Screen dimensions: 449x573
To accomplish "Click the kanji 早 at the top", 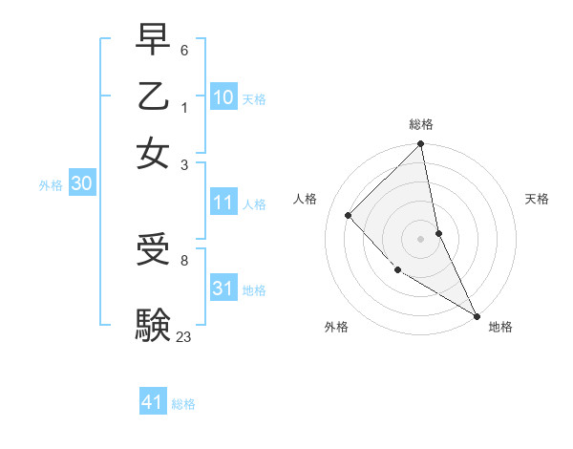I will (x=154, y=40).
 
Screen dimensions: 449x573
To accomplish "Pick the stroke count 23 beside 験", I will (x=183, y=336).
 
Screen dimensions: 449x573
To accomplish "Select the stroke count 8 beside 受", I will (x=183, y=259).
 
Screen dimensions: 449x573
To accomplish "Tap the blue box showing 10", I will (x=223, y=96).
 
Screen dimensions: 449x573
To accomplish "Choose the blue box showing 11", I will (x=223, y=203).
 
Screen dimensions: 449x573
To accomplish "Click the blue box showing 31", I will (x=223, y=288).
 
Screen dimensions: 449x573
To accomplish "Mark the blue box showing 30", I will (x=81, y=183).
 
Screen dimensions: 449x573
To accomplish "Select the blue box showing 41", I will (x=153, y=402).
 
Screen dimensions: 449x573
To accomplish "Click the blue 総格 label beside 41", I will (x=183, y=404).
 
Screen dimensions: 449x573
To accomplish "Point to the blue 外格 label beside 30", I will (x=50, y=185).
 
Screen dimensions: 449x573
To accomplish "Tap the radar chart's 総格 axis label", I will (x=420, y=124).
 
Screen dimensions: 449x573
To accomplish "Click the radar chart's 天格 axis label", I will (x=537, y=199).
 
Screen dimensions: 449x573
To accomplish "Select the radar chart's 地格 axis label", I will (x=500, y=327).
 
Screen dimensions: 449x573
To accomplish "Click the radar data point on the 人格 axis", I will (x=349, y=215).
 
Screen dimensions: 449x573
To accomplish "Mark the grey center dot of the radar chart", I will (x=420, y=238).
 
